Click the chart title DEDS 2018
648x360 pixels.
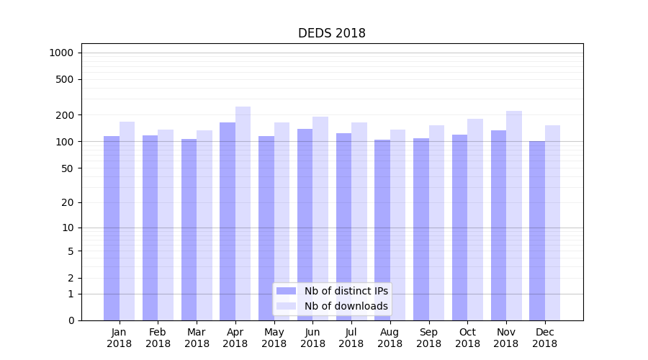(332, 34)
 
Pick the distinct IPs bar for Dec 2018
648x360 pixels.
(537, 230)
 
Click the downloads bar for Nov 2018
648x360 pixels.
(514, 216)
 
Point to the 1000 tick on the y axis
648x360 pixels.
(61, 53)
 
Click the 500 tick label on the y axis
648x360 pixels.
(64, 79)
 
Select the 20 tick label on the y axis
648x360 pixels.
(67, 202)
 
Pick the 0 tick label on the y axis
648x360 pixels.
(71, 320)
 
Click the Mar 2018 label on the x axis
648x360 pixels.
(197, 338)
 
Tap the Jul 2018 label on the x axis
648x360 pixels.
(351, 338)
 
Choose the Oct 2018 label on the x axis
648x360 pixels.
(467, 338)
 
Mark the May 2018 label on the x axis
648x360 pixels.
(274, 338)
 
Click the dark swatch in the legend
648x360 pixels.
(287, 291)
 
